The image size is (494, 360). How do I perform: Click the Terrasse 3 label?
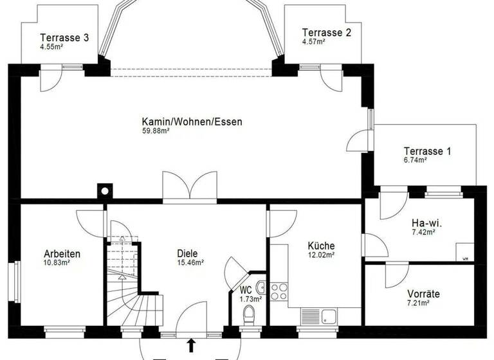click(64, 37)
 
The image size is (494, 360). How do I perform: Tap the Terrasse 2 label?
click(326, 32)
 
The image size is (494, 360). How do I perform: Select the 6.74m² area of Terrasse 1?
click(415, 161)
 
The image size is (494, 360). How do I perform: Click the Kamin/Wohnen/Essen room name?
click(192, 122)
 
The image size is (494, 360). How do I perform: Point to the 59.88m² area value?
click(156, 131)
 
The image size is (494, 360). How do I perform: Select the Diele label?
click(187, 253)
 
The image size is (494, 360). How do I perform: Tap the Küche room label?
click(321, 246)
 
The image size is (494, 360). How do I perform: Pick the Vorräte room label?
click(423, 293)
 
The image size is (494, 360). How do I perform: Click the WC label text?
click(246, 290)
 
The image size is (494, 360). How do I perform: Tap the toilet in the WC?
click(250, 314)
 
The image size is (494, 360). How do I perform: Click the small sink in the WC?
click(261, 287)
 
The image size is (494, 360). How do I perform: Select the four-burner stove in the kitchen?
click(279, 291)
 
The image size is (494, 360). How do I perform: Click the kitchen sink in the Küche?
click(329, 316)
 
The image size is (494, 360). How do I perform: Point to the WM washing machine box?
click(464, 252)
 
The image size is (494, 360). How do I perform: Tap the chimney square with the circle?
click(104, 190)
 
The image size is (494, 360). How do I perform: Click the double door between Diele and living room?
click(190, 189)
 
